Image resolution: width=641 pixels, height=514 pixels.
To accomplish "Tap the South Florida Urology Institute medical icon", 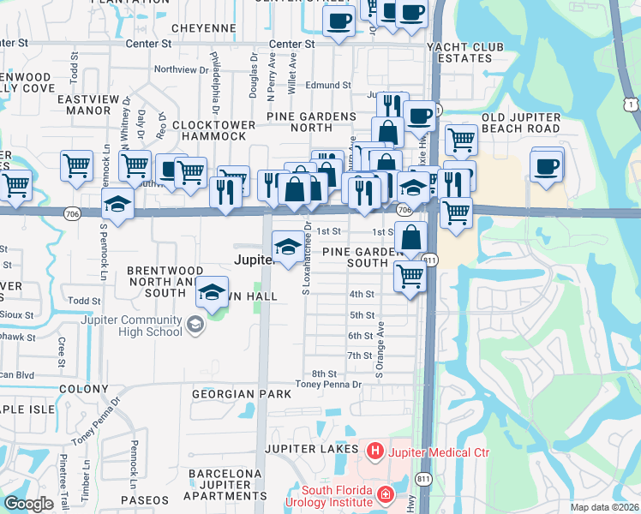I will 386,494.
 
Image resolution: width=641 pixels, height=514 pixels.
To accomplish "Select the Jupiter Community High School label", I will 133,326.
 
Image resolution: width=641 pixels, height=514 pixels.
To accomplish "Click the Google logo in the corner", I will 28,504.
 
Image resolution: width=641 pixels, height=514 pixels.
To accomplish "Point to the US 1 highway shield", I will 630,104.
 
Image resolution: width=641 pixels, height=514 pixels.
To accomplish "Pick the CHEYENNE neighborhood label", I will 203,28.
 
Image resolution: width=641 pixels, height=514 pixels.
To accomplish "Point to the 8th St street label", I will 324,374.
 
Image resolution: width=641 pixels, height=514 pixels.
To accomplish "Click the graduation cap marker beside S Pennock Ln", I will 117,205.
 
